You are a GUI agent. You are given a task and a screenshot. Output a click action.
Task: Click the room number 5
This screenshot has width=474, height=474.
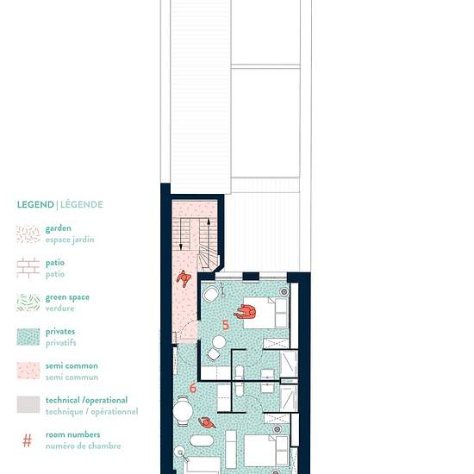click(226, 325)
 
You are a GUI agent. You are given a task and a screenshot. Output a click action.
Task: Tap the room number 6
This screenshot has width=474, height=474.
click(193, 388)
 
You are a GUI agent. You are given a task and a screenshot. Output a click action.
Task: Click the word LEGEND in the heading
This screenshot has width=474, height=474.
click(35, 204)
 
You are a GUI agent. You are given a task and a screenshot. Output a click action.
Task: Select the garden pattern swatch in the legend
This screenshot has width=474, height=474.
click(28, 234)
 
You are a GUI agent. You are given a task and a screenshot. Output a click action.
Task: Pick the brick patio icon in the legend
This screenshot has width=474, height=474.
click(28, 268)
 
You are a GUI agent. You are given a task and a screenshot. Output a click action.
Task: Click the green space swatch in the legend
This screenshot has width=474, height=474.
click(28, 302)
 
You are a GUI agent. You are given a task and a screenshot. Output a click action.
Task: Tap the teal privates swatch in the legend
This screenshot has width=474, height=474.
click(28, 337)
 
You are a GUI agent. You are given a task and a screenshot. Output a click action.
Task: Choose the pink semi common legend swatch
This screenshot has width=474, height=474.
click(28, 371)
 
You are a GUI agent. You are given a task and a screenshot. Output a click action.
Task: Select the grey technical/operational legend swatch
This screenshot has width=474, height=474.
click(28, 404)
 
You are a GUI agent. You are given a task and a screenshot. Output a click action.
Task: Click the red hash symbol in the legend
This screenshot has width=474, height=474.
click(28, 440)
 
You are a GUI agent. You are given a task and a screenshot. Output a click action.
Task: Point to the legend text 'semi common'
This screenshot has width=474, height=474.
click(72, 366)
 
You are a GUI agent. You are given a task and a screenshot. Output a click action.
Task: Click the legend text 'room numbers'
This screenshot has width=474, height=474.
click(72, 434)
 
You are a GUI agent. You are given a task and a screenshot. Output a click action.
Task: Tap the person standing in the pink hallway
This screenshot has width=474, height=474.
click(184, 278)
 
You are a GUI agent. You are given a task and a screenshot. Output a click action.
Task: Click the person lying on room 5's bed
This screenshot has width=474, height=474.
click(246, 312)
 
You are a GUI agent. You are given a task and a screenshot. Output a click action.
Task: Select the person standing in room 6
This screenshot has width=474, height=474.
click(207, 422)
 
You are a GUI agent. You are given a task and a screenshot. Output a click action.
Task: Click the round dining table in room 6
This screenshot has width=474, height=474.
click(183, 411)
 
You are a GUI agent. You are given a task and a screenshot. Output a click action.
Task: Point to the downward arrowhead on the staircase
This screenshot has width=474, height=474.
click(181, 247)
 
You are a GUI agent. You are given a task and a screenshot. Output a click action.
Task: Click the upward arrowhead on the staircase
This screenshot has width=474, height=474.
click(209, 221)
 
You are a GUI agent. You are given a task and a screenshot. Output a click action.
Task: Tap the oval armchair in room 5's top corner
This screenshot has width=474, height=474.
click(211, 294)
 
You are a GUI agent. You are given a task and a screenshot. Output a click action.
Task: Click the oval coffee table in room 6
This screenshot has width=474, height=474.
click(202, 440)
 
